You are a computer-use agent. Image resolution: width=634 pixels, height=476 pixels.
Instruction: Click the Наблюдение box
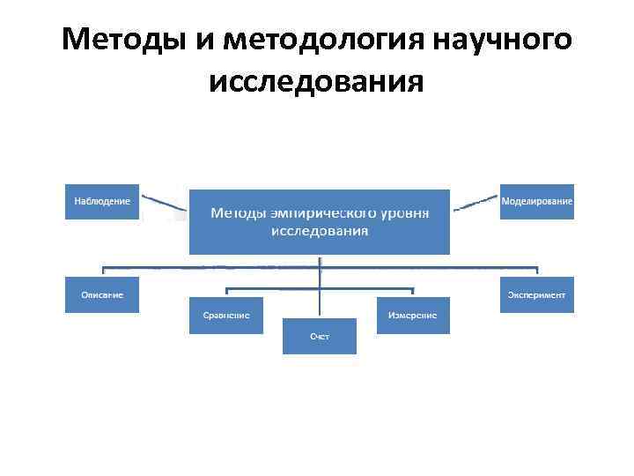point(102,201)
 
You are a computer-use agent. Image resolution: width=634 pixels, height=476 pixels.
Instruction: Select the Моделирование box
point(536,201)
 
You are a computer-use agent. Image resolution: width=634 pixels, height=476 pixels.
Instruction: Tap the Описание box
point(102,294)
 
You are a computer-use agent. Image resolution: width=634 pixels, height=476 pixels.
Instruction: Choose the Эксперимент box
point(536,294)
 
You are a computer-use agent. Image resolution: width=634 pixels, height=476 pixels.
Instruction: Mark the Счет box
point(319,336)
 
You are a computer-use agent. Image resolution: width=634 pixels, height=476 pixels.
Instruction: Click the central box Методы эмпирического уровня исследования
point(319,221)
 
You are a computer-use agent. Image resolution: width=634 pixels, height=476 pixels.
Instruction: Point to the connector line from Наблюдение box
point(165,204)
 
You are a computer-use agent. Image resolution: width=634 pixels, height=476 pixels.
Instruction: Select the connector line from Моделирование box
point(475,203)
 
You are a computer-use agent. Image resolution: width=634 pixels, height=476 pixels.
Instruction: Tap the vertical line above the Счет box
point(319,291)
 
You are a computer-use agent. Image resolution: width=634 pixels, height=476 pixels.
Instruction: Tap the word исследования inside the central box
point(319,231)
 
